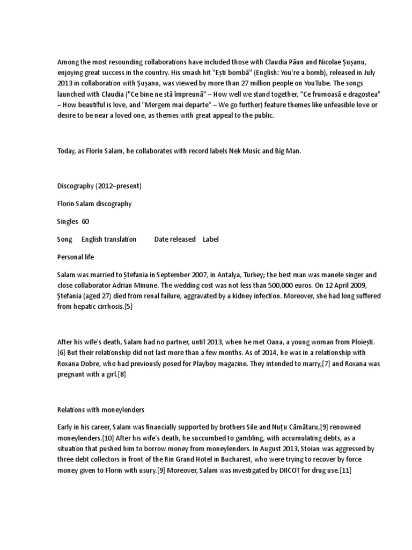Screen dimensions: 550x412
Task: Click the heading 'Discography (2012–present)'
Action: (99, 186)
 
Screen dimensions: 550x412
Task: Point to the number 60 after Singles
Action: (85, 221)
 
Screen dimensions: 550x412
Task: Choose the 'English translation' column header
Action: (109, 239)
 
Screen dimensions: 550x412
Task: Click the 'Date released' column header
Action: (175, 239)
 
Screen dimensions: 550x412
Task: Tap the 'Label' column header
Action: (211, 239)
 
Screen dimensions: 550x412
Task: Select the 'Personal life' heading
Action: (76, 257)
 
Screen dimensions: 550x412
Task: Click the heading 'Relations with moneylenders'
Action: (101, 410)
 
